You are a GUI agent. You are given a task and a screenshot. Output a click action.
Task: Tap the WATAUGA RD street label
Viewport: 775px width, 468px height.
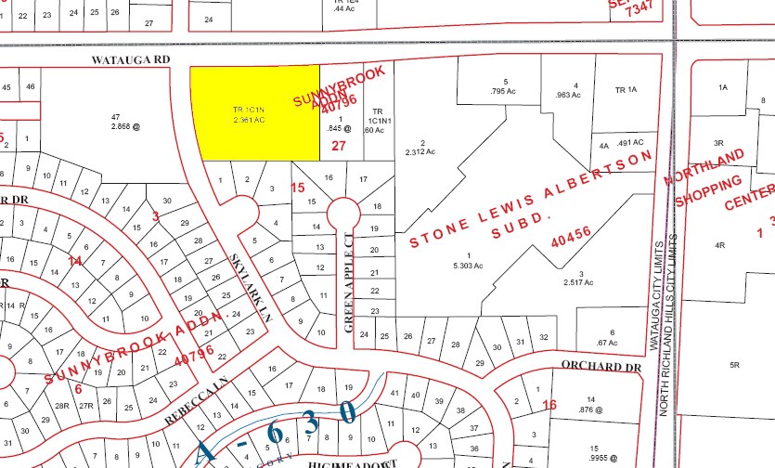[131, 59]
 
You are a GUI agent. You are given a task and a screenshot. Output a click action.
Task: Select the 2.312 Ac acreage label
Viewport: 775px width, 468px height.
[420, 152]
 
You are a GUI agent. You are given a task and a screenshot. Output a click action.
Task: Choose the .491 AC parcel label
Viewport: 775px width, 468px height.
[630, 142]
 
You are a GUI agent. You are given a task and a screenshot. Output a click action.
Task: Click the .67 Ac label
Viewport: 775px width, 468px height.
[613, 343]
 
